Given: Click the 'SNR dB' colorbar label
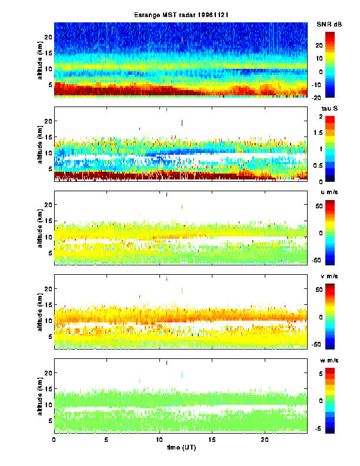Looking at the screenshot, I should [x=329, y=24].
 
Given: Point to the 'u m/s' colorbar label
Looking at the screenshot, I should [x=329, y=192].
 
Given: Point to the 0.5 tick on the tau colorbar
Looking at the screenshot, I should [x=334, y=165].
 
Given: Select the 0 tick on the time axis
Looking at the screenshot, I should [x=54, y=440].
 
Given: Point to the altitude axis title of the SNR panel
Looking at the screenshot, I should [x=39, y=59].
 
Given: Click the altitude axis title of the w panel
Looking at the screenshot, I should [x=39, y=396].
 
